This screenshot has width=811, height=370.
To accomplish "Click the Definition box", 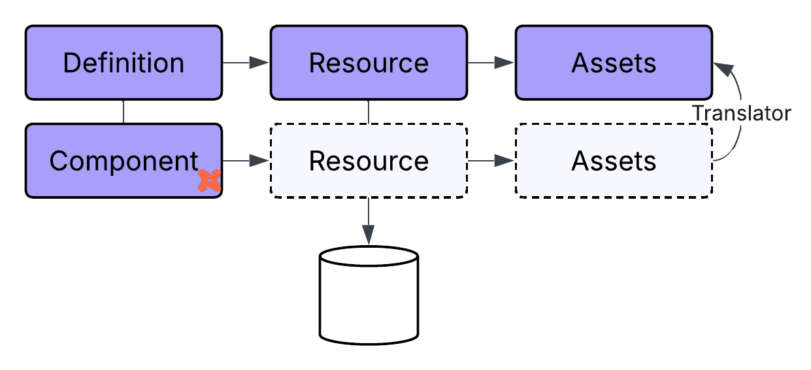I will pyautogui.click(x=124, y=63).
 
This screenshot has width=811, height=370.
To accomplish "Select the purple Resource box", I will pyautogui.click(x=369, y=63).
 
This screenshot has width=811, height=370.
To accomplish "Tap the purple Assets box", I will pyautogui.click(x=614, y=63).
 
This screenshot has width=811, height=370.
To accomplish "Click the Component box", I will pyautogui.click(x=124, y=161).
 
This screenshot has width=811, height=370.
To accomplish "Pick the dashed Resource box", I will pyautogui.click(x=369, y=161).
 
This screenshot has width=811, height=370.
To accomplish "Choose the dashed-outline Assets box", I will pyautogui.click(x=614, y=161).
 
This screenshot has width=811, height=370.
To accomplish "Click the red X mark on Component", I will pyautogui.click(x=210, y=180).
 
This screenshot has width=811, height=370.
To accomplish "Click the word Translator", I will pyautogui.click(x=741, y=114).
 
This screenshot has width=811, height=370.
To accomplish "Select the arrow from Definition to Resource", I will pyautogui.click(x=246, y=63).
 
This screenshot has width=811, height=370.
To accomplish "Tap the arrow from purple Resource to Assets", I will pyautogui.click(x=491, y=63).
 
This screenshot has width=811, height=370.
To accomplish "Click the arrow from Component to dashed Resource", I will pyautogui.click(x=246, y=161).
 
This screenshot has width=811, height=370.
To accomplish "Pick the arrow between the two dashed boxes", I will pyautogui.click(x=491, y=161).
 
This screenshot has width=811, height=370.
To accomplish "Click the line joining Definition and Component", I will pyautogui.click(x=124, y=112).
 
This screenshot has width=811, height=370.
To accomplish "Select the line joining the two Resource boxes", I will pyautogui.click(x=369, y=112).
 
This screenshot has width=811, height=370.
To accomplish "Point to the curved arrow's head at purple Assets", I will pyautogui.click(x=721, y=66).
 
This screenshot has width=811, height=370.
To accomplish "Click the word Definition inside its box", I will pyautogui.click(x=124, y=63).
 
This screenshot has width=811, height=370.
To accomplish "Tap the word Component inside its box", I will pyautogui.click(x=124, y=161).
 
